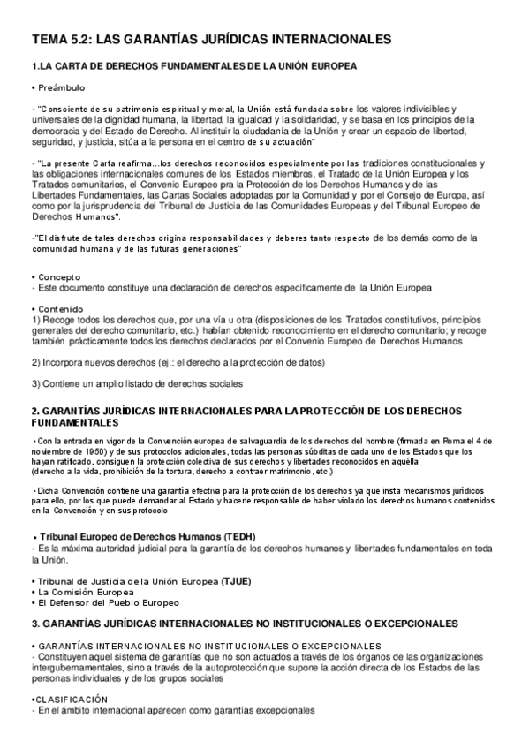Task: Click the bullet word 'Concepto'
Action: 57,277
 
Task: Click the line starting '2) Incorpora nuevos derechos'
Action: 178,362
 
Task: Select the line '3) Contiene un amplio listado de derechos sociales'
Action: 137,383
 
